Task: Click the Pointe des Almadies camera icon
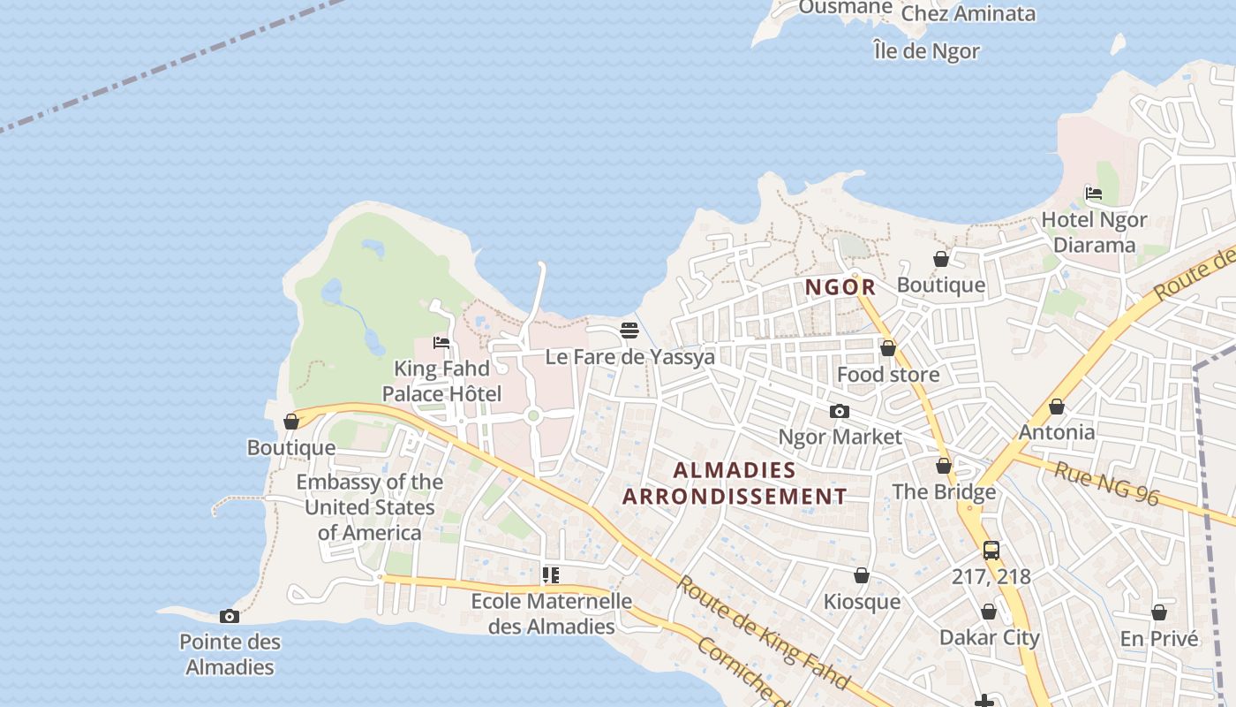tap(230, 616)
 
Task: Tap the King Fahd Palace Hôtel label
tap(441, 381)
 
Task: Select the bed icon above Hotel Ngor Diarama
tap(1094, 193)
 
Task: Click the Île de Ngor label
tap(926, 51)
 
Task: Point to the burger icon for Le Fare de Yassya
tap(629, 331)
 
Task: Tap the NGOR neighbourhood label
tap(840, 287)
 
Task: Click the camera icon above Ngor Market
tap(840, 411)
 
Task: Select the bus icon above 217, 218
tap(991, 550)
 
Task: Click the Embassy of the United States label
tap(369, 507)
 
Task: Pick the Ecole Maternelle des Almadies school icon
tap(551, 575)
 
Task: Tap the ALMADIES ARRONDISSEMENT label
tap(735, 483)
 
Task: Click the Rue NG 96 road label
tap(1106, 483)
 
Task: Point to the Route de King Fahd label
tap(764, 633)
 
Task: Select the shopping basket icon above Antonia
tap(1056, 407)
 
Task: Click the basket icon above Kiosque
tap(862, 575)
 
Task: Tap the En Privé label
tap(1159, 638)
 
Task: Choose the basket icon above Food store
tap(888, 348)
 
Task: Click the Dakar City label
tap(989, 637)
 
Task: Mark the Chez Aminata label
tap(968, 13)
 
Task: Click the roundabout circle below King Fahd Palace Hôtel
tap(532, 415)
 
